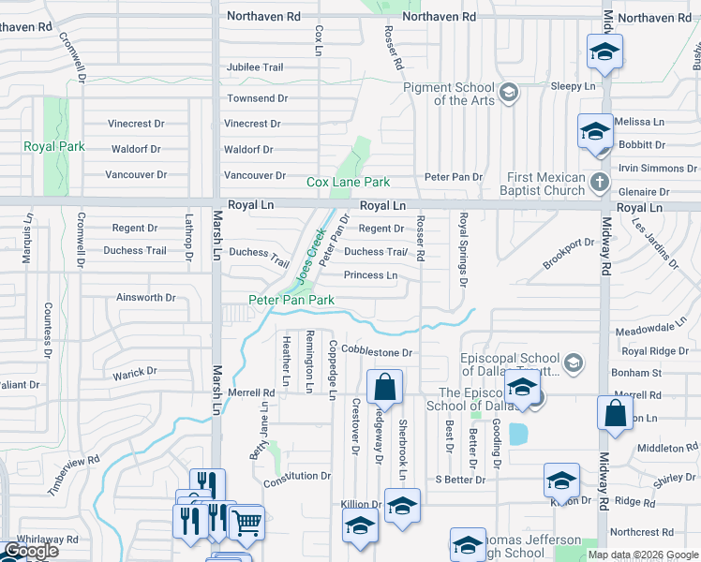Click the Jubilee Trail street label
tap(255, 67)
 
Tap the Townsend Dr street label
tap(257, 98)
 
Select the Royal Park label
tap(54, 147)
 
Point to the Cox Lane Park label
tap(349, 182)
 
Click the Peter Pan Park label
tap(291, 300)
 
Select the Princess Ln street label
tap(370, 275)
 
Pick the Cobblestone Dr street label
tap(378, 352)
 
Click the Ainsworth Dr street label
tap(145, 298)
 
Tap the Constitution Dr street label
tap(297, 476)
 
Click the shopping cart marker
tap(246, 523)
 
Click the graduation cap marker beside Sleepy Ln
tap(604, 52)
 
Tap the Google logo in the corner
tap(31, 552)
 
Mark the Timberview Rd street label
tap(75, 463)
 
